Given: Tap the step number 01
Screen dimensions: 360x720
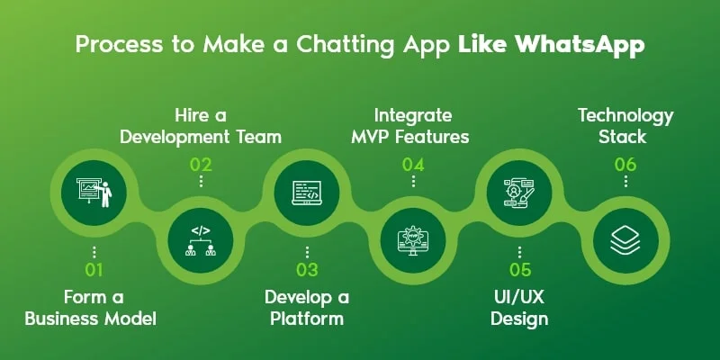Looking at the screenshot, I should pos(94,270).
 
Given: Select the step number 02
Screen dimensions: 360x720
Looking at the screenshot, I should pos(201,164).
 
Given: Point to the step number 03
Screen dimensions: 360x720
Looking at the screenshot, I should pos(307,270).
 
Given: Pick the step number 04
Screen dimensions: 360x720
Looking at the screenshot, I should pos(413,164).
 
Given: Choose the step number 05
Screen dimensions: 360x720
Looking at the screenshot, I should pos(519,270).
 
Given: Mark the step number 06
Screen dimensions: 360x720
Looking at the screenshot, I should pos(625,164).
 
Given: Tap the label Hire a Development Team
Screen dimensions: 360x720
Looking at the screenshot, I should pos(201,126).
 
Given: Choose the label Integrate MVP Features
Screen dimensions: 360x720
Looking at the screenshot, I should pos(413,126).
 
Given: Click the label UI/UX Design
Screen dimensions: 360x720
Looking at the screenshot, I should pos(519,307).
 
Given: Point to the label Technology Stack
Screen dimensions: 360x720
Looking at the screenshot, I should pos(625,126).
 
